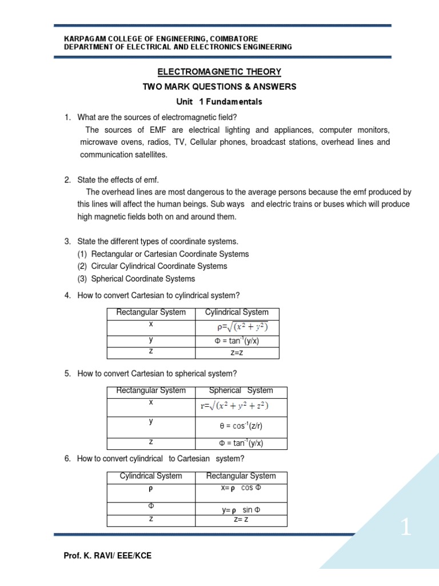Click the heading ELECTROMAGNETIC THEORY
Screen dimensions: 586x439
[x=219, y=72]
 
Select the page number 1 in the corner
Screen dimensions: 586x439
[x=405, y=528]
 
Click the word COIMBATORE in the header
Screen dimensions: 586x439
[x=229, y=38]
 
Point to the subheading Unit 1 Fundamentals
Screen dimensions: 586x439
[x=219, y=102]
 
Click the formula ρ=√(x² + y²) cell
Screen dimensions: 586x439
[x=237, y=327]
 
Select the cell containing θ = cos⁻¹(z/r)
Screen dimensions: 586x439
[x=241, y=426]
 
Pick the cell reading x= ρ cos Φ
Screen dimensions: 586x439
[x=241, y=488]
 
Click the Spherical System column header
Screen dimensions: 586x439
[x=241, y=390]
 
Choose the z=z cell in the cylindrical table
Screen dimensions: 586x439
[x=237, y=353]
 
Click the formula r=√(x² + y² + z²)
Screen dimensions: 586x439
[x=234, y=406]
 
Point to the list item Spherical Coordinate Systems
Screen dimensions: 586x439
[x=143, y=279]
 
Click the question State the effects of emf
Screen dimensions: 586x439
[x=118, y=180]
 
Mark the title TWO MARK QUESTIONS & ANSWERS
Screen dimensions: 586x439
[x=219, y=87]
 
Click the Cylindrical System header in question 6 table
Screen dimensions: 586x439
[x=151, y=476]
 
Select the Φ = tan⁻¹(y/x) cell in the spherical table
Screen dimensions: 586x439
[x=241, y=444]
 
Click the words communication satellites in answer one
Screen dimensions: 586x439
[x=119, y=155]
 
